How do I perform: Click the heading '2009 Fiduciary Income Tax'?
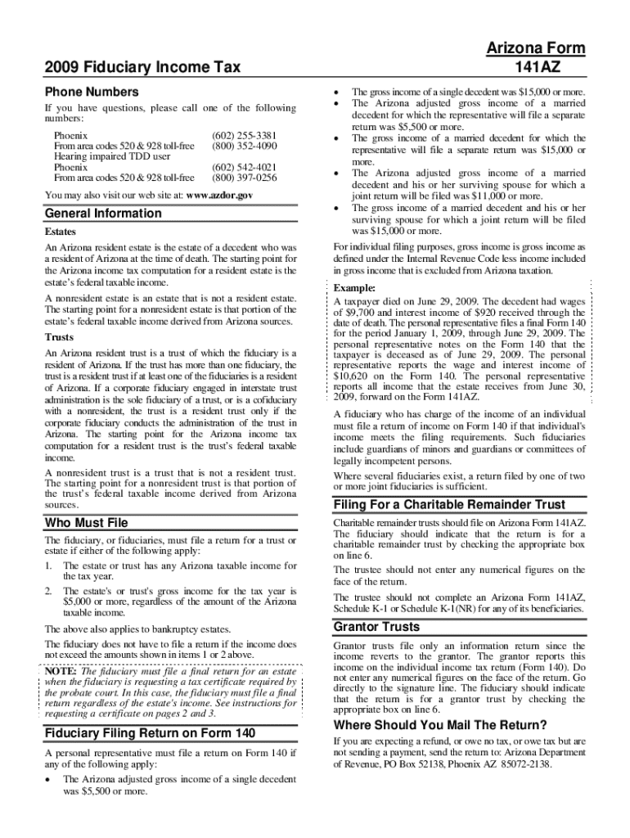[143, 67]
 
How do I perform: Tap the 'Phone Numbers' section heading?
[92, 92]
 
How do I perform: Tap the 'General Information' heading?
[103, 214]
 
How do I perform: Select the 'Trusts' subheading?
[58, 337]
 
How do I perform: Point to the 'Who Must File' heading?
[86, 523]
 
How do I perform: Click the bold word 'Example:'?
[355, 289]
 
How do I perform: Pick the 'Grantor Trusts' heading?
[376, 627]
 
